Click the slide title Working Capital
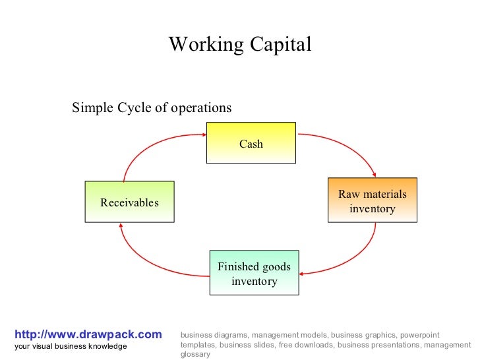(x=240, y=45)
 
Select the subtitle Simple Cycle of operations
(x=152, y=107)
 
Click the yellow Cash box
(x=251, y=143)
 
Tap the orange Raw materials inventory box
(x=373, y=200)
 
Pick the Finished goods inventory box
(x=255, y=273)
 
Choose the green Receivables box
(x=130, y=202)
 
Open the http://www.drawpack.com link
(x=88, y=335)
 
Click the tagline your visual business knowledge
(x=71, y=347)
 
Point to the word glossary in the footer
(x=195, y=354)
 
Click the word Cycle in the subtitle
(x=135, y=107)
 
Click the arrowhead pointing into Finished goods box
(x=304, y=272)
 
